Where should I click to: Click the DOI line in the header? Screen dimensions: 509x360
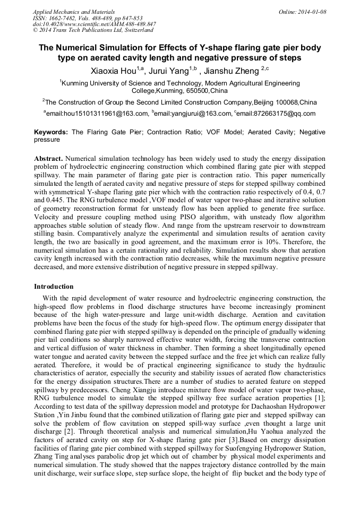tap(94, 24)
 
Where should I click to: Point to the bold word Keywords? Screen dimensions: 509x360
tap(52, 132)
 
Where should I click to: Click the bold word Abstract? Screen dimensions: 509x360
tap(49, 159)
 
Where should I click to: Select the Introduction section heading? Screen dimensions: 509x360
tap(54, 286)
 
